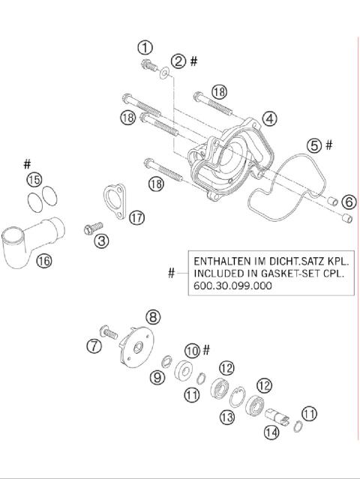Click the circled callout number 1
pyautogui.click(x=145, y=47)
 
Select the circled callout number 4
pyautogui.click(x=268, y=118)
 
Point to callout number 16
pyautogui.click(x=43, y=261)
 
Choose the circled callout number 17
pyautogui.click(x=136, y=217)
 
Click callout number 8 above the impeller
pyautogui.click(x=153, y=317)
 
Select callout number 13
pyautogui.click(x=226, y=417)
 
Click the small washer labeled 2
pyautogui.click(x=162, y=72)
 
